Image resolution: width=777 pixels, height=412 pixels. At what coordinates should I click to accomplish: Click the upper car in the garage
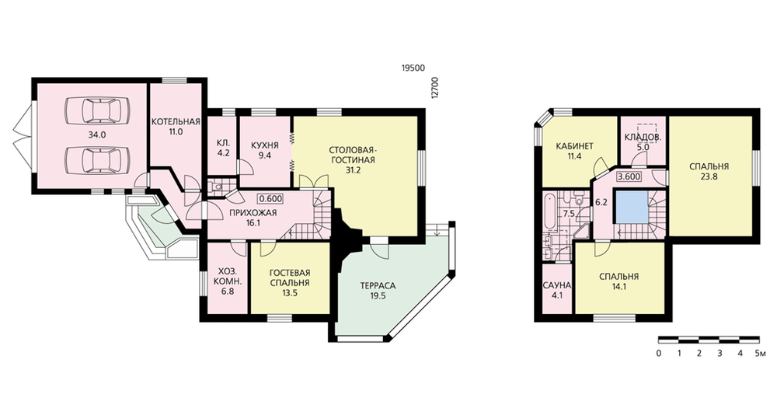pyautogui.click(x=98, y=110)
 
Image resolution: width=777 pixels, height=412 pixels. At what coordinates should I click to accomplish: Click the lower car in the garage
pyautogui.click(x=98, y=159)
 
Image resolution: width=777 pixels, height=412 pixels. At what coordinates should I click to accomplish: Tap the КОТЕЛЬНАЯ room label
pyautogui.click(x=176, y=122)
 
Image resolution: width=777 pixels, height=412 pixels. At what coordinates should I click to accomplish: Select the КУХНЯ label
pyautogui.click(x=265, y=145)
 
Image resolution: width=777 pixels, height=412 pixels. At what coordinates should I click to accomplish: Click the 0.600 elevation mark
pyautogui.click(x=270, y=199)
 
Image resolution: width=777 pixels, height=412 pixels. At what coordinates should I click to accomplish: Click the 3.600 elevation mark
pyautogui.click(x=629, y=176)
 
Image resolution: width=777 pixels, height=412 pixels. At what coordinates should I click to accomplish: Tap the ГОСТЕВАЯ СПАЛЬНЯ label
pyautogui.click(x=289, y=278)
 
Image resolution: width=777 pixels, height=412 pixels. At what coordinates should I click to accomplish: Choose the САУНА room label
pyautogui.click(x=557, y=285)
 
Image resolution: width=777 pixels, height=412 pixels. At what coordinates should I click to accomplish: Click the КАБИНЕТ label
pyautogui.click(x=575, y=146)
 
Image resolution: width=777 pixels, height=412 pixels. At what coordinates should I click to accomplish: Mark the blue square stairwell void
pyautogui.click(x=631, y=206)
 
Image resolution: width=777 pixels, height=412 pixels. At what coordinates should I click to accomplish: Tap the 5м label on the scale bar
pyautogui.click(x=761, y=354)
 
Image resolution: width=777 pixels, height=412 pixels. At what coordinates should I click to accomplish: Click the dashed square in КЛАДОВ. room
pyautogui.click(x=646, y=133)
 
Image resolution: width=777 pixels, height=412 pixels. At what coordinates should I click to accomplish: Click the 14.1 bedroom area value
pyautogui.click(x=619, y=286)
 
